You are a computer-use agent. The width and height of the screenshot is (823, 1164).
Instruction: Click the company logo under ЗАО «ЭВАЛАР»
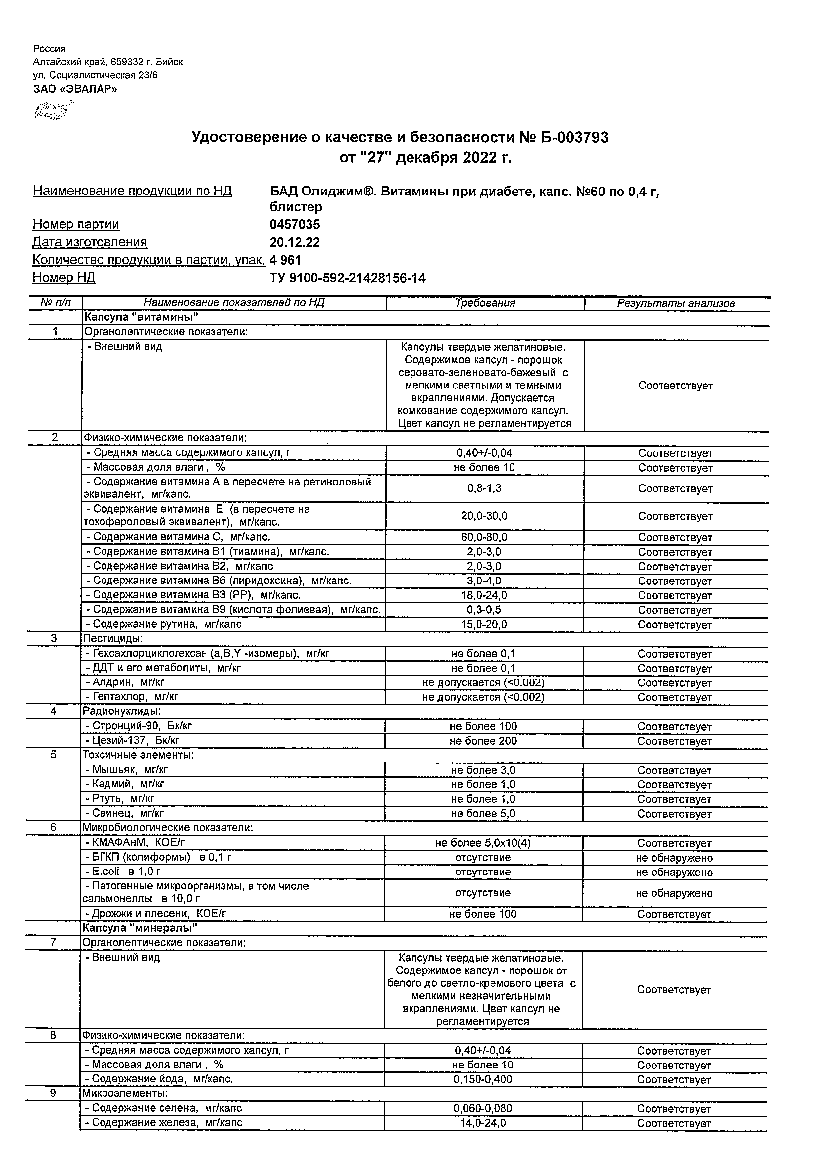coord(51,110)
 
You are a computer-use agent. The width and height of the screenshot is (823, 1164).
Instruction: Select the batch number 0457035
coord(295,224)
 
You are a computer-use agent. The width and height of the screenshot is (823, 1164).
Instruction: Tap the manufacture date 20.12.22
coord(295,242)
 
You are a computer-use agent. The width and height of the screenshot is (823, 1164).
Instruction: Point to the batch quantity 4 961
coord(286,260)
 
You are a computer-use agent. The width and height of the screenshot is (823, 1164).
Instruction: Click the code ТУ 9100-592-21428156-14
coord(347,278)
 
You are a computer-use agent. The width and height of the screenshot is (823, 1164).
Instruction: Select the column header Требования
coord(485,303)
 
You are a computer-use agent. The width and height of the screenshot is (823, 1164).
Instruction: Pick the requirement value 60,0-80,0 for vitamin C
coord(484,537)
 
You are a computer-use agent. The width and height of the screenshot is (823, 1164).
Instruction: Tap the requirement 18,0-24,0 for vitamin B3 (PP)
coord(484,595)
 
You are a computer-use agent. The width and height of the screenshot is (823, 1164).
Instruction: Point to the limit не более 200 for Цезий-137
coord(483,741)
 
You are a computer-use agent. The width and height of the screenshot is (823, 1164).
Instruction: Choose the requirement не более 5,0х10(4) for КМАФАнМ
coord(483,843)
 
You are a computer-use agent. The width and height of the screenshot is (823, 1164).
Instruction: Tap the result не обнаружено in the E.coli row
coord(674,872)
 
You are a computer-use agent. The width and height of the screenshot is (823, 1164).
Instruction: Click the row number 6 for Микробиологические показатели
coord(54,828)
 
